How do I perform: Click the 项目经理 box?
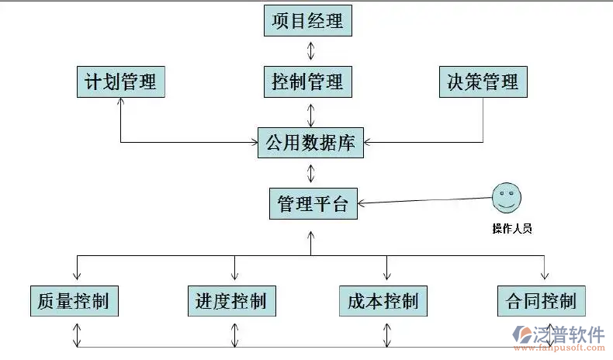pyautogui.click(x=308, y=21)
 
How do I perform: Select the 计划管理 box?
pyautogui.click(x=120, y=81)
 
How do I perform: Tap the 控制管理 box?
pyautogui.click(x=308, y=81)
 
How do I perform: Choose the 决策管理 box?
pyautogui.click(x=483, y=81)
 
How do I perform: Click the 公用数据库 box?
pyautogui.click(x=310, y=143)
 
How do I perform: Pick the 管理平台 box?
pyautogui.click(x=313, y=203)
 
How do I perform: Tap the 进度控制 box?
pyautogui.click(x=231, y=299)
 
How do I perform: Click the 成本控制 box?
pyautogui.click(x=383, y=299)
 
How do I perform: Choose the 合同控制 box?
pyautogui.click(x=541, y=299)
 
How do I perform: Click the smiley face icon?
pyautogui.click(x=506, y=198)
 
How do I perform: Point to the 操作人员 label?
pyautogui.click(x=511, y=228)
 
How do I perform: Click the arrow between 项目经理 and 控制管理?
pyautogui.click(x=311, y=51)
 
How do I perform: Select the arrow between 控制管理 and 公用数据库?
pyautogui.click(x=311, y=112)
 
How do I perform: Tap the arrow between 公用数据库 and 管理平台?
pyautogui.click(x=311, y=173)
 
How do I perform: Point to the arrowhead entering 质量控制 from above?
pyautogui.click(x=76, y=275)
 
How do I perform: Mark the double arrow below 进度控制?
pyautogui.click(x=234, y=335)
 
